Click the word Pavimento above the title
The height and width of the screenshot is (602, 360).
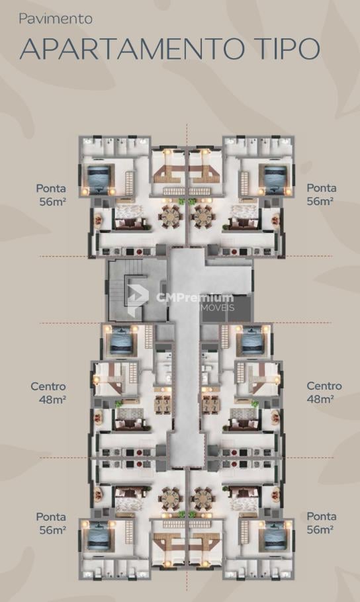pos(56,19)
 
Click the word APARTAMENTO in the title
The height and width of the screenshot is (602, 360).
pos(132,48)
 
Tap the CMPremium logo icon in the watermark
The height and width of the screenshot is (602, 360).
pos(138,300)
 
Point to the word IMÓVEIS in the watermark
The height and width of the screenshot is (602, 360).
pos(218,308)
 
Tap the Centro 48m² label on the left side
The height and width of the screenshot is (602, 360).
pos(49,393)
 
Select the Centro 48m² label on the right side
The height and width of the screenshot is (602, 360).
pos(324,392)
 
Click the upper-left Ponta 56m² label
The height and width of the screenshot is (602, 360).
pos(51,194)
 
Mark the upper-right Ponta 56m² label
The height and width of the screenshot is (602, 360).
pos(322,194)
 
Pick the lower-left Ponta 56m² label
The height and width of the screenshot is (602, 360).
pos(51,523)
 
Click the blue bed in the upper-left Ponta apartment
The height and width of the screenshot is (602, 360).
pos(99,179)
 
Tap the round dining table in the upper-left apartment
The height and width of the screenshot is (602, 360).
pos(171,216)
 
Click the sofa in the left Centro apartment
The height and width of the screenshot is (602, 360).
pos(130,425)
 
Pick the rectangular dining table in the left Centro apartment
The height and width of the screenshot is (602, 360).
pos(163,402)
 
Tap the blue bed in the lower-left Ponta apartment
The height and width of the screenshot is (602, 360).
pos(99,536)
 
